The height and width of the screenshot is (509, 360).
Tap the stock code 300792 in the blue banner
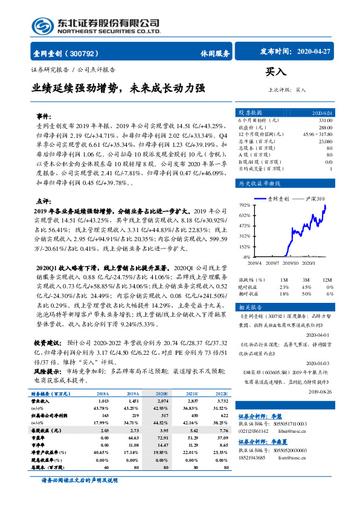[x=89, y=53]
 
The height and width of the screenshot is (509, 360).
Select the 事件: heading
[x=44, y=115]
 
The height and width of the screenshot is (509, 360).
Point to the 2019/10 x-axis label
[x=291, y=262]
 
